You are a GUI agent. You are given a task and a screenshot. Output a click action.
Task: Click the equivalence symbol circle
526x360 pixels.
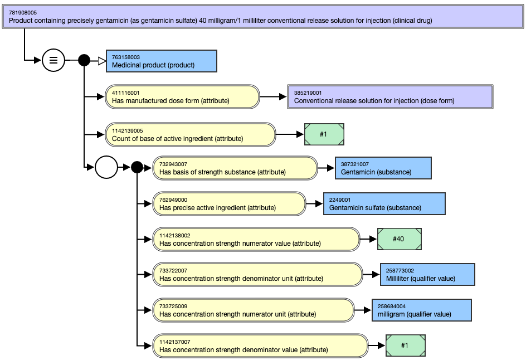(53, 60)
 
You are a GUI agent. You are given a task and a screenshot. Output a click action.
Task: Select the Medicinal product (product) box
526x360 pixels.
(162, 61)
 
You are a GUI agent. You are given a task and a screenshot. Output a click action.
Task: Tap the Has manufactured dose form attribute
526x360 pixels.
(182, 96)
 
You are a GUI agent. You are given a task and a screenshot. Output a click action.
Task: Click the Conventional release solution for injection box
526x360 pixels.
(390, 96)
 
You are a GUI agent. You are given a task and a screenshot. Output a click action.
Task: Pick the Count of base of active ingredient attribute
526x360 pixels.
(190, 134)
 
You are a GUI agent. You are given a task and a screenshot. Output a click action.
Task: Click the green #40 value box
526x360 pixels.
(399, 239)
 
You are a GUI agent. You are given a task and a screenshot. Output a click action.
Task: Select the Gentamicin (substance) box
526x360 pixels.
(383, 168)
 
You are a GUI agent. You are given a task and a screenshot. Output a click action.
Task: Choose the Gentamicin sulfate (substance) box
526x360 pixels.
(384, 203)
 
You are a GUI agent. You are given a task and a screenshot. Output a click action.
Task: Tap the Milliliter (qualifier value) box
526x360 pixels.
(427, 274)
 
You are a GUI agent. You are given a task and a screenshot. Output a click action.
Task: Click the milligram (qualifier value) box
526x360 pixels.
(421, 310)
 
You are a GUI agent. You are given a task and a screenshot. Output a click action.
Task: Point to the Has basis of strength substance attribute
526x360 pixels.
(235, 168)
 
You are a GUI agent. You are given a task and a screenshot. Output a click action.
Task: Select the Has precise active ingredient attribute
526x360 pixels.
(229, 203)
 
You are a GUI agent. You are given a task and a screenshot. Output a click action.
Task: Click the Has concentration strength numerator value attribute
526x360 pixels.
(256, 239)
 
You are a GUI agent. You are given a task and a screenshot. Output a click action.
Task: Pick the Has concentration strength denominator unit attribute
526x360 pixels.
(257, 274)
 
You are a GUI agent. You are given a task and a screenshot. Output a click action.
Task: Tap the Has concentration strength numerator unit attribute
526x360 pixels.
(254, 310)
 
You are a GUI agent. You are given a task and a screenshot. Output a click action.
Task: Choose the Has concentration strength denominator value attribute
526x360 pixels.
(260, 346)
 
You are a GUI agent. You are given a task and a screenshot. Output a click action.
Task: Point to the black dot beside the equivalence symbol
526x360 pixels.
(84, 60)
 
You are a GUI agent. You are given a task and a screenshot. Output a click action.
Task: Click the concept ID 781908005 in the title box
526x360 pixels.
(23, 13)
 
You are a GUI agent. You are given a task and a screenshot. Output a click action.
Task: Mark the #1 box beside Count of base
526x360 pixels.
(324, 134)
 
